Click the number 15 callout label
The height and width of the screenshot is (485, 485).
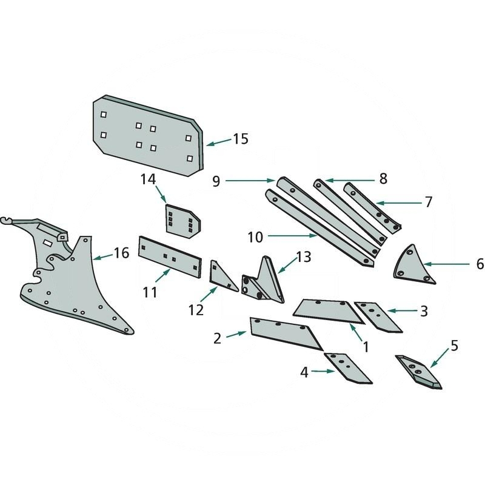pyautogui.click(x=240, y=139)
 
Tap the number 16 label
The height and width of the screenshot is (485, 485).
pyautogui.click(x=121, y=253)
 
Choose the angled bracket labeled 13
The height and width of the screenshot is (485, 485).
pyautogui.click(x=264, y=282)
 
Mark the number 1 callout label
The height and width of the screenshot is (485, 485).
pyautogui.click(x=366, y=346)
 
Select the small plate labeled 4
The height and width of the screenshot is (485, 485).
pyautogui.click(x=347, y=368)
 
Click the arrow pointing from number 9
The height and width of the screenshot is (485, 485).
pyautogui.click(x=252, y=180)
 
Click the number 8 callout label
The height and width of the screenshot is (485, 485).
pyautogui.click(x=383, y=179)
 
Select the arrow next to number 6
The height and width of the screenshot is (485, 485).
pyautogui.click(x=446, y=264)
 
